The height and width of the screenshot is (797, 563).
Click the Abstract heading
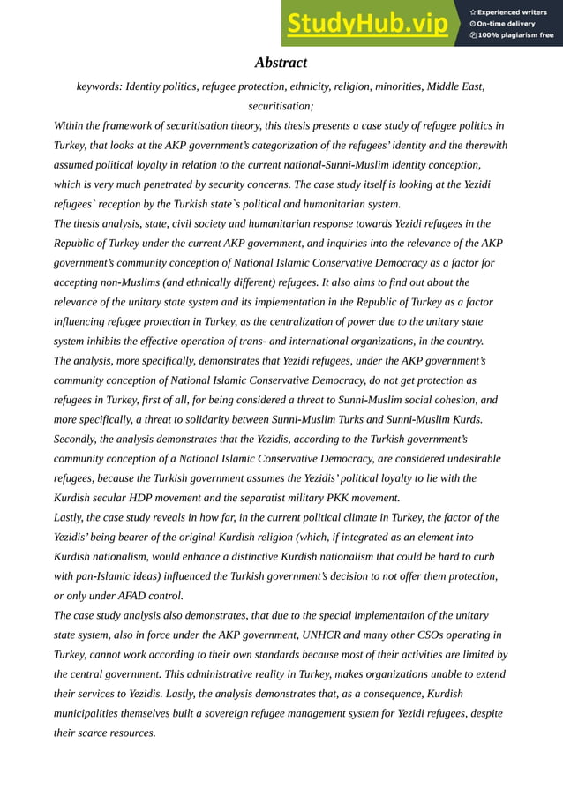pos(281,63)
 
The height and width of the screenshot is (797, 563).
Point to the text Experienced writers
pos(514,11)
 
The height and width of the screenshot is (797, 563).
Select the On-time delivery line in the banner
pos(507,24)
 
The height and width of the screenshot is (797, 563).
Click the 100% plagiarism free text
pos(515,35)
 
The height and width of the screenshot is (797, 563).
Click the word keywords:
pos(99,86)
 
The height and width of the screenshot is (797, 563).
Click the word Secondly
pos(79,439)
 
